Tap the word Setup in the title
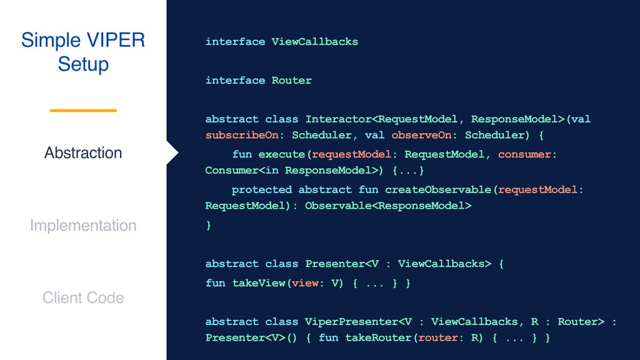point(83,64)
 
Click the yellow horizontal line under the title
point(83,111)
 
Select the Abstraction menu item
point(83,153)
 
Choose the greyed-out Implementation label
point(83,226)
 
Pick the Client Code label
point(83,298)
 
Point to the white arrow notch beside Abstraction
point(172,153)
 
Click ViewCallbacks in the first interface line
point(314,42)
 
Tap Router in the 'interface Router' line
point(291,81)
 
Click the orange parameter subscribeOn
point(241,135)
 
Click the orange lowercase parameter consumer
point(524,154)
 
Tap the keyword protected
point(261,189)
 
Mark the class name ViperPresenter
point(351,322)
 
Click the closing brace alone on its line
point(209,226)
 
